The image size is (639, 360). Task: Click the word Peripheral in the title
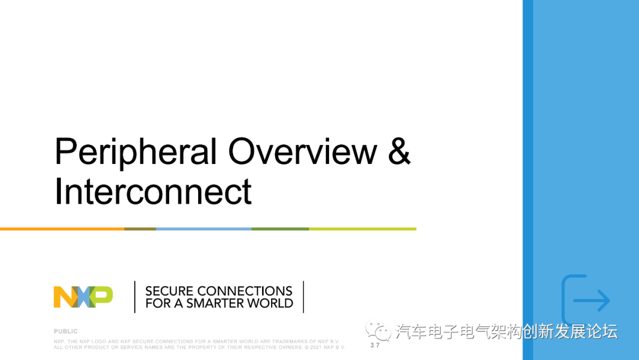(135, 152)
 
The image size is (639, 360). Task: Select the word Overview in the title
(302, 151)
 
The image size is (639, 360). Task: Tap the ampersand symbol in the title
(399, 151)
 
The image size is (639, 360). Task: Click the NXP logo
(83, 297)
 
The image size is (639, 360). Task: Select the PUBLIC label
(66, 332)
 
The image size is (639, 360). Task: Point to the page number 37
(375, 345)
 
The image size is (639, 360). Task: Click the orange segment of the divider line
(62, 229)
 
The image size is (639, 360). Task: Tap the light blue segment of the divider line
(204, 229)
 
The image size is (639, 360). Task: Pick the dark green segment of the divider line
(280, 229)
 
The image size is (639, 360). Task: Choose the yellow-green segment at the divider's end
(363, 229)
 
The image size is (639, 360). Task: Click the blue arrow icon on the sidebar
(592, 300)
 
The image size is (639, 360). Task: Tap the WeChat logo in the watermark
(378, 330)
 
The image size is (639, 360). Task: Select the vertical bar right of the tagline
(304, 297)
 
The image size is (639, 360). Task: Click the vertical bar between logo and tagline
(135, 297)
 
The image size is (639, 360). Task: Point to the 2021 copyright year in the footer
(316, 348)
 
